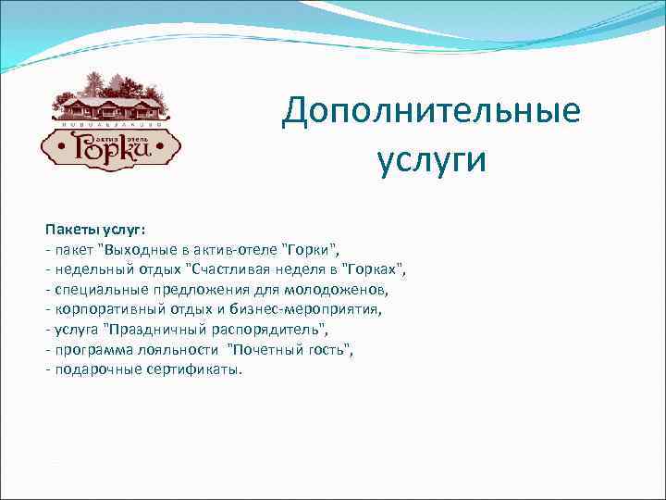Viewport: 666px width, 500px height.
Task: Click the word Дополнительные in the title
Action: (x=431, y=113)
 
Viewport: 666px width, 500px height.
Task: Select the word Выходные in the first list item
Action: (x=139, y=250)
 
